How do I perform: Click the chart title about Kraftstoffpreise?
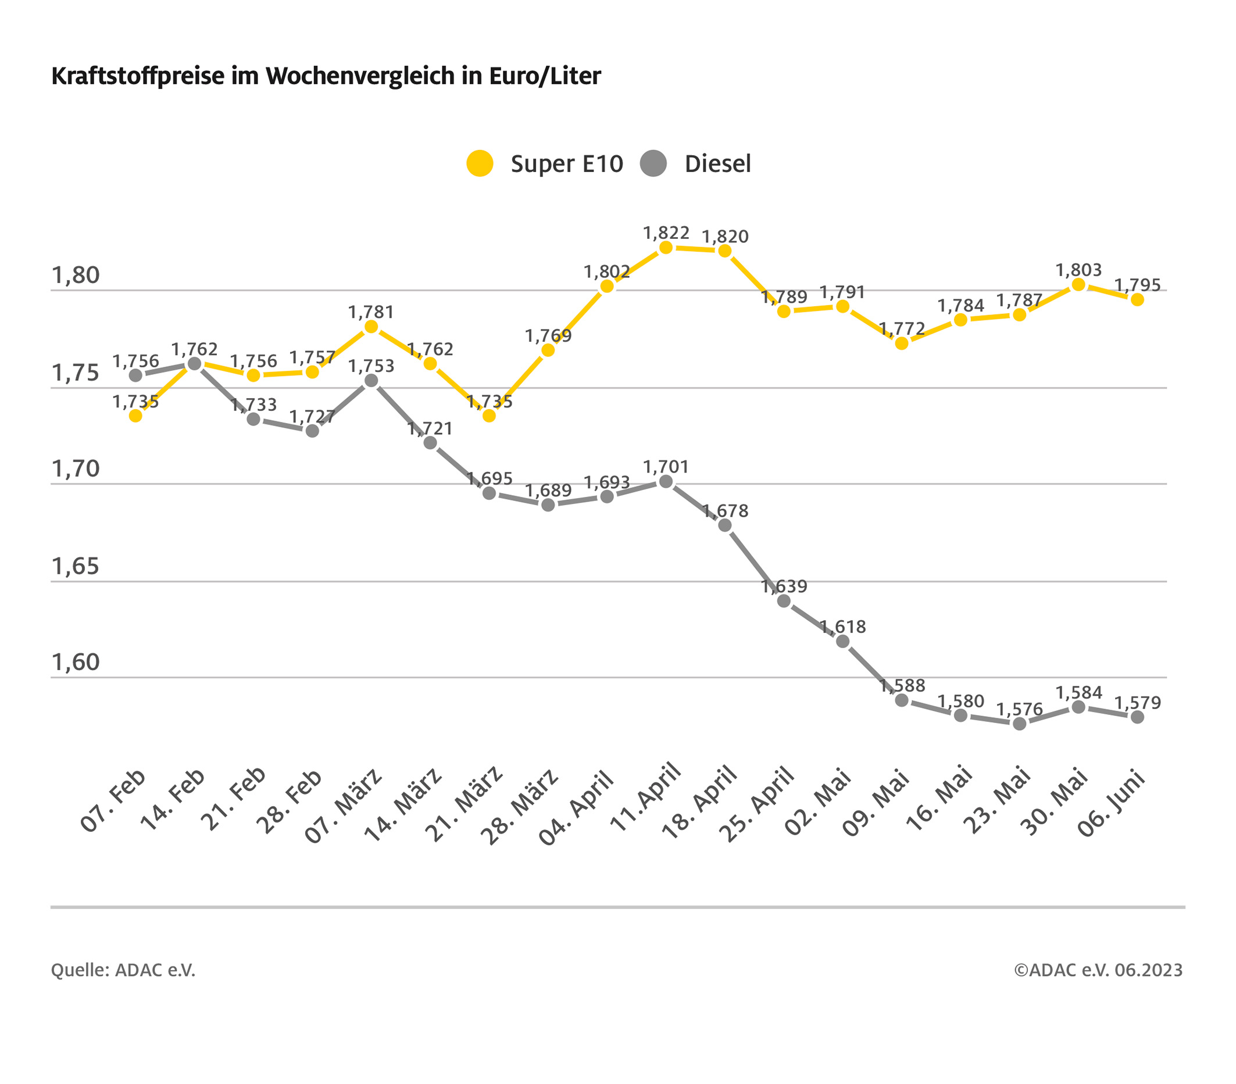[326, 77]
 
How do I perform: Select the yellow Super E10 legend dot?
[480, 163]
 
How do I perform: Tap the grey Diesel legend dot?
[653, 163]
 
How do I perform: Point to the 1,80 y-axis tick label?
[76, 276]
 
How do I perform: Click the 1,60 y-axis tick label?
[76, 663]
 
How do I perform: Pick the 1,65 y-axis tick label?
[76, 567]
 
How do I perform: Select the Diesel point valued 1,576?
[1020, 724]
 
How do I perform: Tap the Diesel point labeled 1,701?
[666, 482]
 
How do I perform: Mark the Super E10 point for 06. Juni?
[1137, 299]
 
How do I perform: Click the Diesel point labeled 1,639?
[784, 601]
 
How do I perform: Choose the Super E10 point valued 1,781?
[371, 327]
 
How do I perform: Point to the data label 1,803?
[1079, 270]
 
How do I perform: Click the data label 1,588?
[902, 686]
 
